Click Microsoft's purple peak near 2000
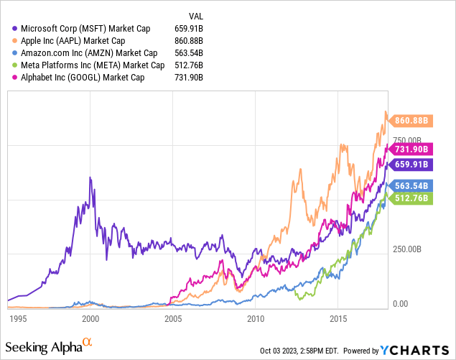click(x=90, y=177)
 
